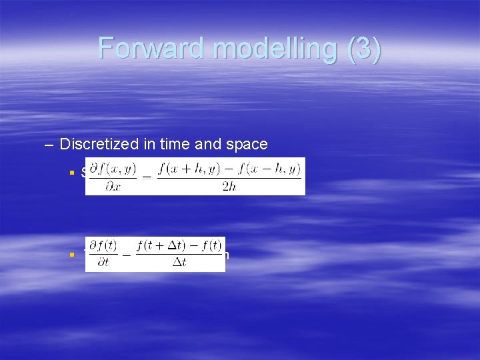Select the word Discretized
coord(97,143)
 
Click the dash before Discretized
coord(49,143)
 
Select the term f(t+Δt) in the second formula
coord(162,247)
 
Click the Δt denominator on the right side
coord(179,263)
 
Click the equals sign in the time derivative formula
coord(127,255)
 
